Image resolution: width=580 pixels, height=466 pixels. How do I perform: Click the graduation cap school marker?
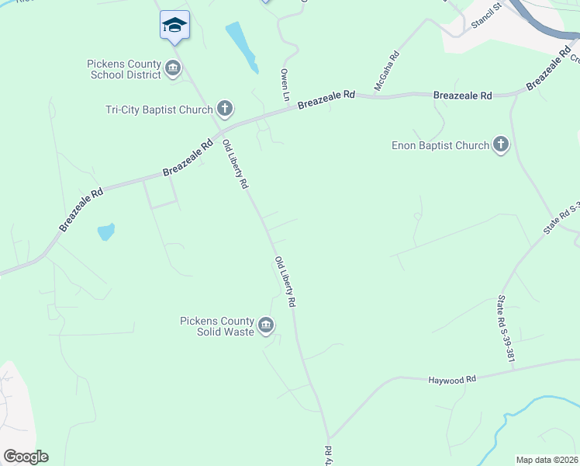[x=174, y=26]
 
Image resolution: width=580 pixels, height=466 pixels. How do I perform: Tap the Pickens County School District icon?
[x=173, y=69]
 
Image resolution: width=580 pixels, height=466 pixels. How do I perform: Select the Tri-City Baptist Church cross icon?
[x=225, y=110]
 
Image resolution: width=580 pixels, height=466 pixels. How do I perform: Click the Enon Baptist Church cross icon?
[x=501, y=144]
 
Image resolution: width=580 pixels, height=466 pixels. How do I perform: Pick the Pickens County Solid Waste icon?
[x=266, y=326]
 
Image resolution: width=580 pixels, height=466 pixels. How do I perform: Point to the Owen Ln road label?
[x=285, y=83]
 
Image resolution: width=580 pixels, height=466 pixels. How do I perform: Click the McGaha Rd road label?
[x=387, y=71]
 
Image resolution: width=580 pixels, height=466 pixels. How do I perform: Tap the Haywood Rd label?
[x=451, y=380]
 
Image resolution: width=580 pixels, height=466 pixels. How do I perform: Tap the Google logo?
[x=26, y=457]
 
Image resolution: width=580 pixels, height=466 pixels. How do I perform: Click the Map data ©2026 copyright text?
[x=546, y=460]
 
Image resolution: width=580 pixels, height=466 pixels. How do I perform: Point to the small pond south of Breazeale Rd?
[x=106, y=231]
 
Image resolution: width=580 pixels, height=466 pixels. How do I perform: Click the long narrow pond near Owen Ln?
[x=242, y=47]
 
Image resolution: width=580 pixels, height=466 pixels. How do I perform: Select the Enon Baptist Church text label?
[x=440, y=145]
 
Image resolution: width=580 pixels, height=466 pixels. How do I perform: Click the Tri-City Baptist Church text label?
[x=159, y=110]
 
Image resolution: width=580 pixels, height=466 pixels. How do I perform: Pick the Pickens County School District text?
[x=125, y=69]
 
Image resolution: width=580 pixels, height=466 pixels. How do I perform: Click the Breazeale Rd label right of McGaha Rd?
[x=463, y=96]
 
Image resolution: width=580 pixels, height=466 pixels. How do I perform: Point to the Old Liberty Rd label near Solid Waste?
[x=285, y=281]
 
